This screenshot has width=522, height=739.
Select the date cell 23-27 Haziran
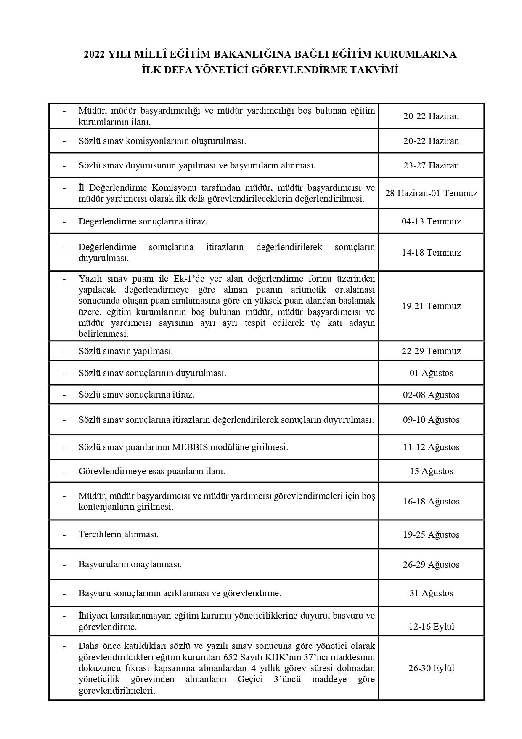(431, 165)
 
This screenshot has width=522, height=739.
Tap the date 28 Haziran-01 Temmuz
(431, 193)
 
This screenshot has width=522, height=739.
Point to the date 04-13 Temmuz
(431, 221)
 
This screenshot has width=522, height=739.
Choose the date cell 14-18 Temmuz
(431, 253)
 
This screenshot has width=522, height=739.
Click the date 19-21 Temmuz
(431, 306)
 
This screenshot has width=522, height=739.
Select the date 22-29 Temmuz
(431, 351)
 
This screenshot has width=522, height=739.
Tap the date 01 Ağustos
(431, 373)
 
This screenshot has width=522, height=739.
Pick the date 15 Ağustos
(431, 471)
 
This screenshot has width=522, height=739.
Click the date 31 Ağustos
(431, 593)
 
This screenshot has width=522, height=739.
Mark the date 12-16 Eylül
(431, 627)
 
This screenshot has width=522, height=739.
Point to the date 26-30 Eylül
(431, 668)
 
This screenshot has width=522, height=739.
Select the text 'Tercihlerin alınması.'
(119, 534)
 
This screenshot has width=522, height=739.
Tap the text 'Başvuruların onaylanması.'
(130, 564)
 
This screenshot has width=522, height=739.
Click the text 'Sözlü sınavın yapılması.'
(126, 351)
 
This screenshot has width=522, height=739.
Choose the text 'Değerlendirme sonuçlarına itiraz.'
(143, 221)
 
